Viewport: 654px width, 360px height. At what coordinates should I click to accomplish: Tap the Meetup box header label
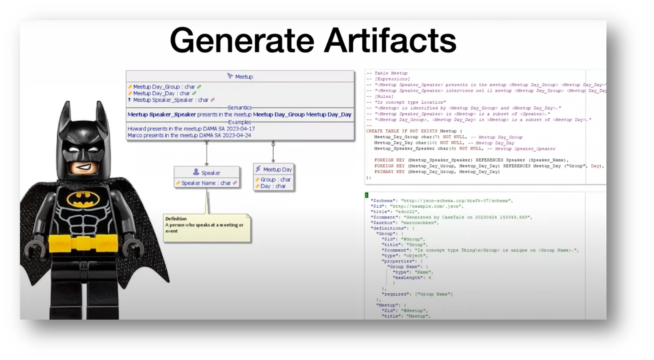(x=244, y=77)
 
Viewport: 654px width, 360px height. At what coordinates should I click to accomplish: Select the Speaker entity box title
(x=210, y=173)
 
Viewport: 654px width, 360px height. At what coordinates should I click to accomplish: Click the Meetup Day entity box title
(x=277, y=169)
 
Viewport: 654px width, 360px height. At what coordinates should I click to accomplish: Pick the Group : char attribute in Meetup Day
(x=275, y=180)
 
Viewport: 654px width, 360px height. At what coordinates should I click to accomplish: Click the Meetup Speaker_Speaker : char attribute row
(x=171, y=100)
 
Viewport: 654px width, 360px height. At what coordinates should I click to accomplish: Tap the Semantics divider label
(x=239, y=108)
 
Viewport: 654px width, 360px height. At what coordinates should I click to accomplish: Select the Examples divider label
(x=239, y=122)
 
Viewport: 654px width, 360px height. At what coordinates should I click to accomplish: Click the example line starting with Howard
(x=191, y=129)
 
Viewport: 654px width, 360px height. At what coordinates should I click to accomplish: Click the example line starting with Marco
(x=189, y=135)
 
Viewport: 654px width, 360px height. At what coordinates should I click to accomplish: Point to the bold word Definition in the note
(x=176, y=219)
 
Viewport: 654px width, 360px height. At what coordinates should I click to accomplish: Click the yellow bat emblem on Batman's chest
(x=88, y=198)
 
